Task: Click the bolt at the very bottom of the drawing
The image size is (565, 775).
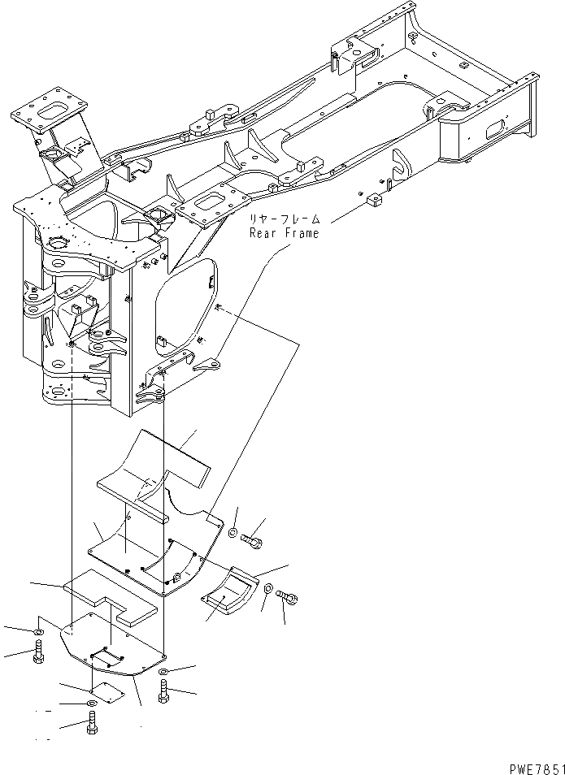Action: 91,722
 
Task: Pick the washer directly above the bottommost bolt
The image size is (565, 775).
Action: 90,702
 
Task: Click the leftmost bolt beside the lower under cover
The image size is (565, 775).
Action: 38,652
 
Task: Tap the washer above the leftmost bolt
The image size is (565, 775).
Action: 38,631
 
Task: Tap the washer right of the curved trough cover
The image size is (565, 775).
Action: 267,587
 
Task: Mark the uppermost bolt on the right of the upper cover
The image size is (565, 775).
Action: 253,537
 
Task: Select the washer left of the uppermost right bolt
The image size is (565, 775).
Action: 233,532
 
